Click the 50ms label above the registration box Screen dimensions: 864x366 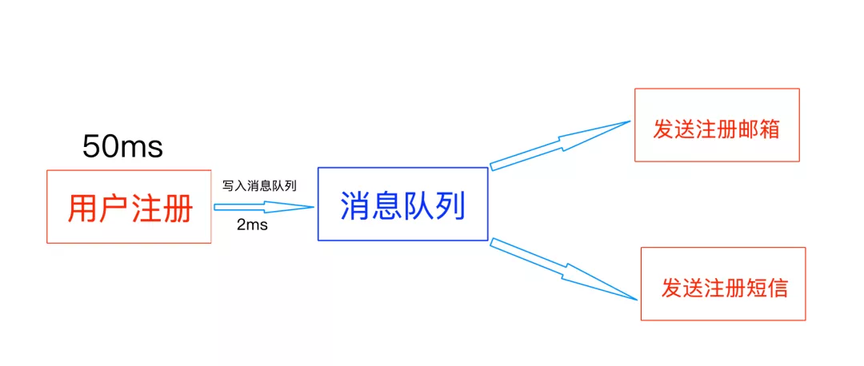(122, 147)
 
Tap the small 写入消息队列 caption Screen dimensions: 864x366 (259, 185)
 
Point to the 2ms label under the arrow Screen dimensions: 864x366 (252, 225)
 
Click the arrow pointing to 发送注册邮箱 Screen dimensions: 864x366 (560, 145)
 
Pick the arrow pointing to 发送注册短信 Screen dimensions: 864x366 (563, 269)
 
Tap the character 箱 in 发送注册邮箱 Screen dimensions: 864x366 (769, 129)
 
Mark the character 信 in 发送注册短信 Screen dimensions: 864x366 (776, 288)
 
